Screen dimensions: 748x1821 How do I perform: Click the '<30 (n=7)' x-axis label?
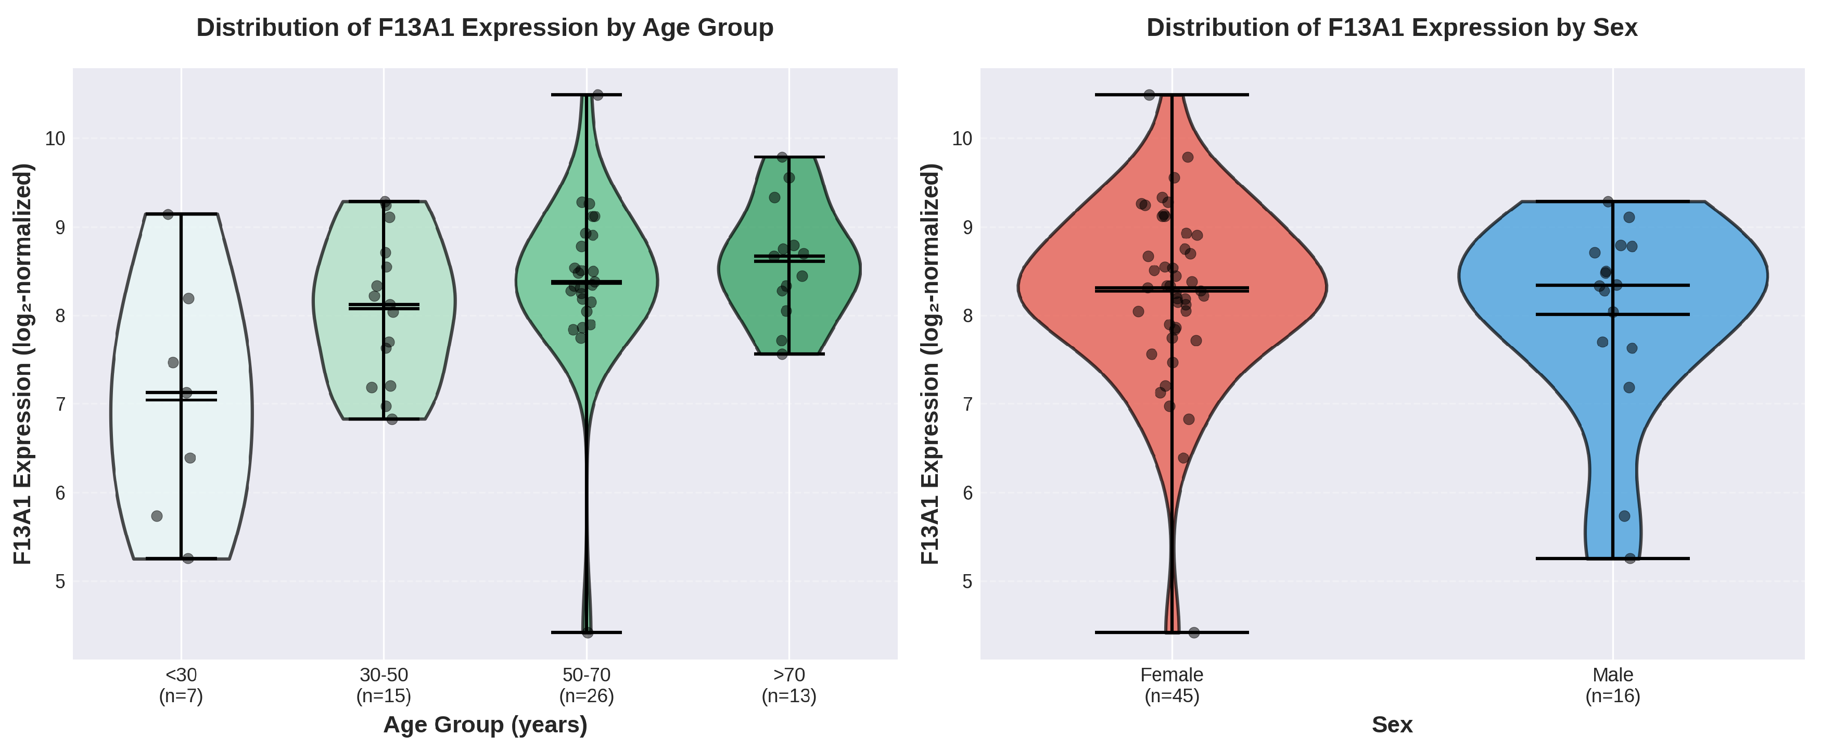[x=181, y=686]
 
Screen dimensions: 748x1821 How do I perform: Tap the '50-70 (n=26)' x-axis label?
[x=586, y=686]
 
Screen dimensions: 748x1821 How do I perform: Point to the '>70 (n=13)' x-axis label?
[x=789, y=686]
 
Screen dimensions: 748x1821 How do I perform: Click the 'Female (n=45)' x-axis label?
[x=1171, y=686]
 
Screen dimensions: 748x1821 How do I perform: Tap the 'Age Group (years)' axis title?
[x=485, y=725]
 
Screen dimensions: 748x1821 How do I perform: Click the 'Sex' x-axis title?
[x=1392, y=725]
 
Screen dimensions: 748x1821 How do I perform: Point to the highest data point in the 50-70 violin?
[x=597, y=95]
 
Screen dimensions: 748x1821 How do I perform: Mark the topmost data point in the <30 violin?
[x=168, y=214]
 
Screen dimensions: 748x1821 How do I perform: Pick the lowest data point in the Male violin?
[x=1630, y=559]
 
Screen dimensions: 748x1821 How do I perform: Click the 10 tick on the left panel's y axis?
[x=55, y=138]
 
